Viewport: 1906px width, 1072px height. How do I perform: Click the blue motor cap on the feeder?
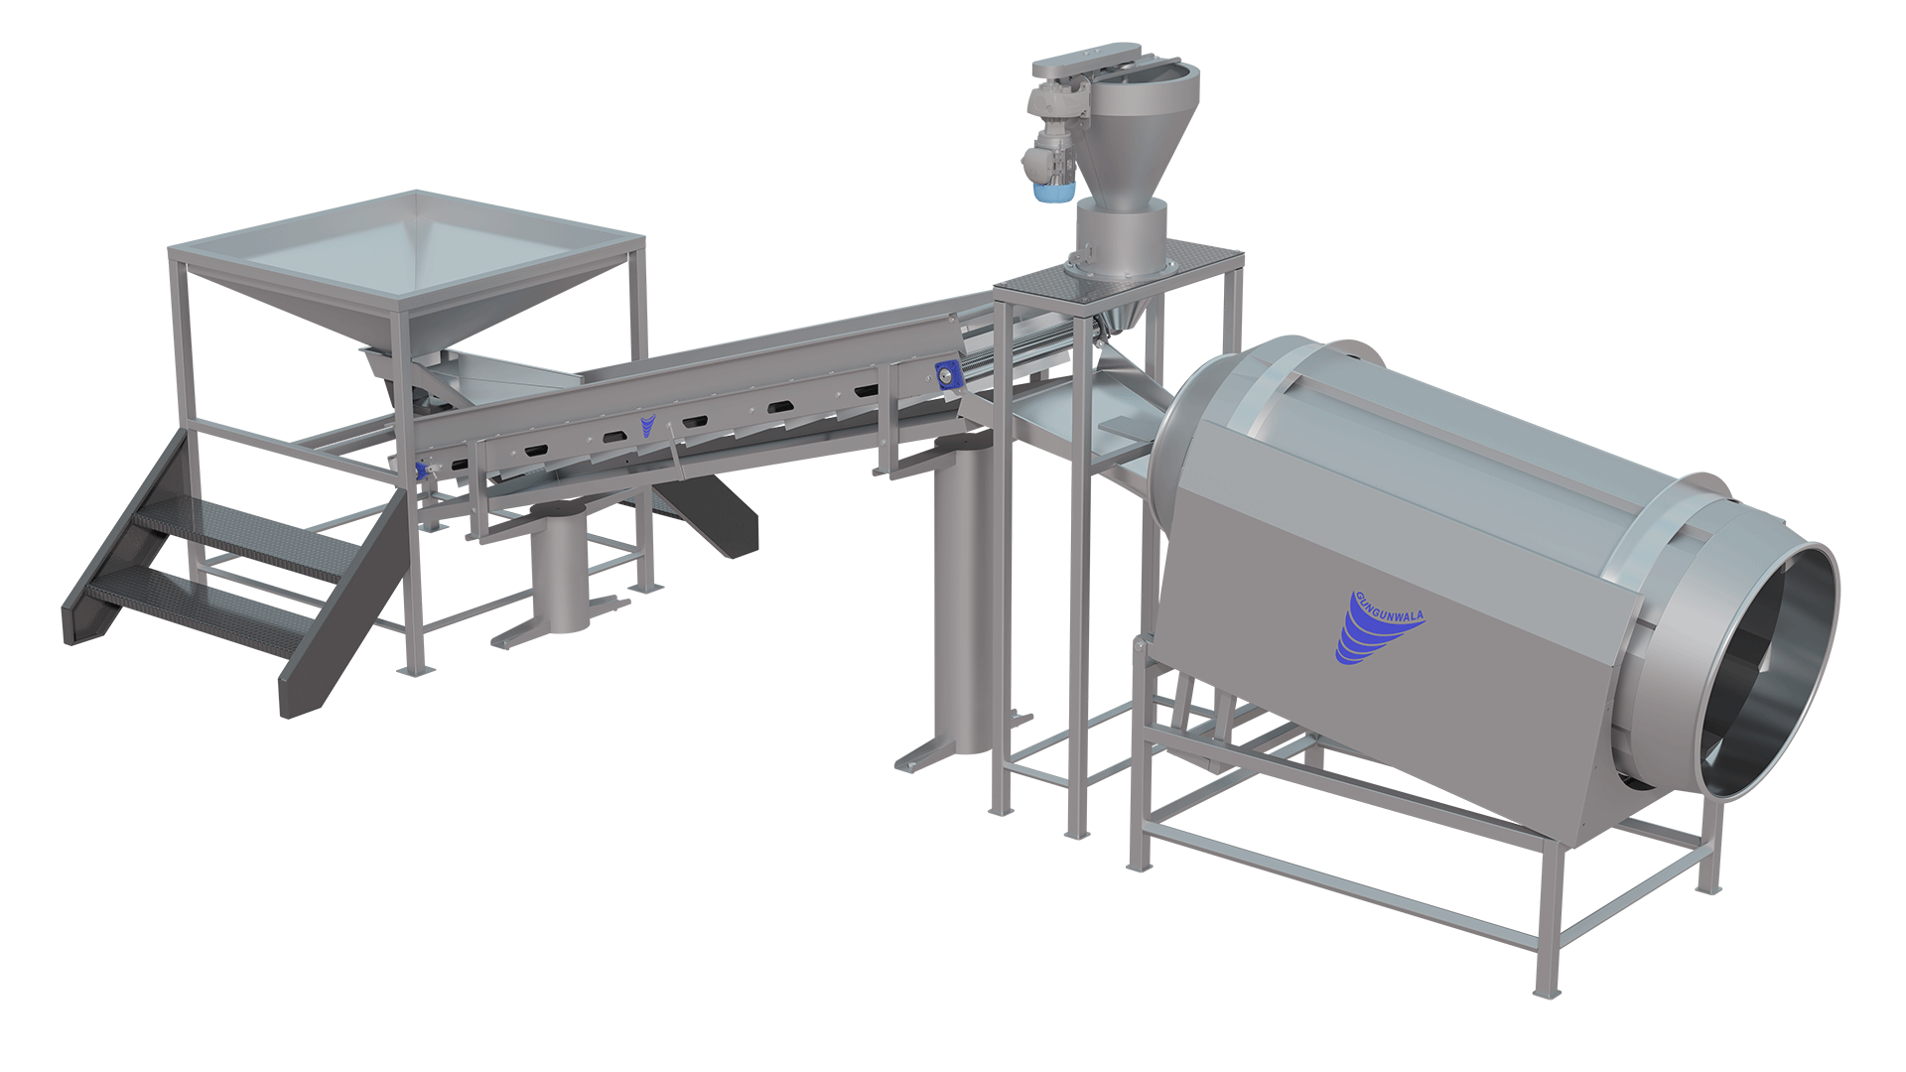coord(1054,192)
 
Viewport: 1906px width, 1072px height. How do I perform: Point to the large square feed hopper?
coord(407,268)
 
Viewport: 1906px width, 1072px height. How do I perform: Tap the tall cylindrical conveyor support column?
coord(964,596)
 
